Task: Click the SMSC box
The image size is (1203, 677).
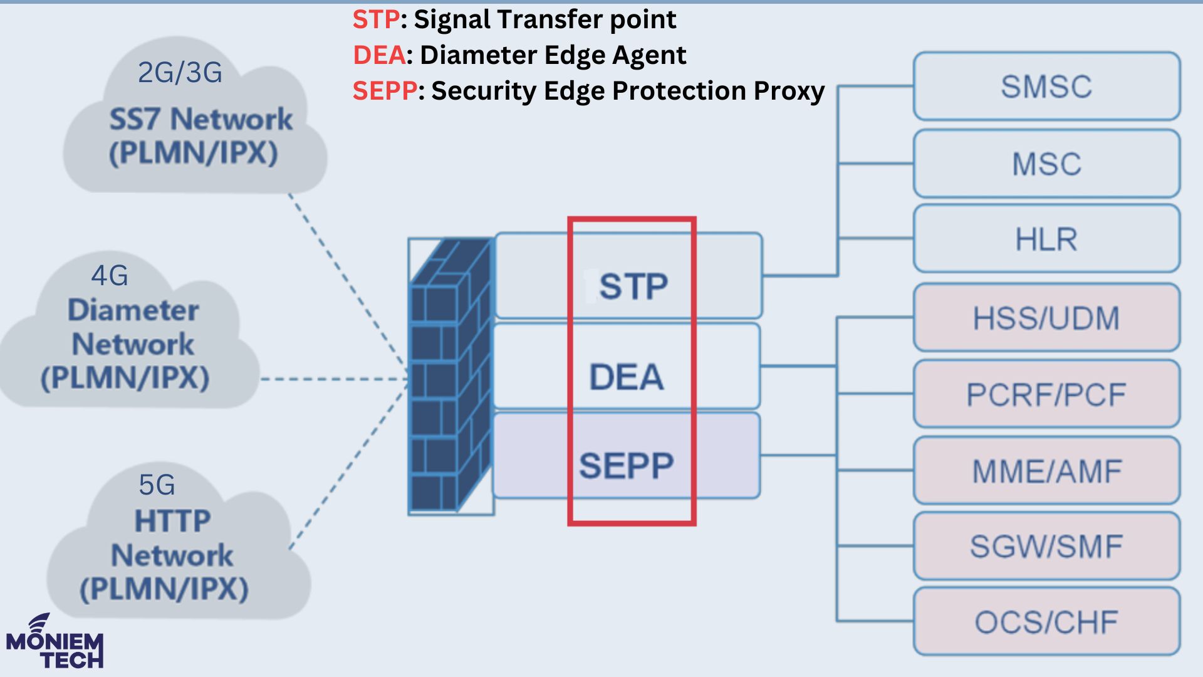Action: click(x=1046, y=87)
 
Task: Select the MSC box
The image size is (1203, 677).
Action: click(x=1046, y=164)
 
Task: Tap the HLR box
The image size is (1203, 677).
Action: click(x=1046, y=239)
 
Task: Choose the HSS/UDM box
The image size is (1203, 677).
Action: click(x=1046, y=318)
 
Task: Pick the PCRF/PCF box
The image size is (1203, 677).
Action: click(x=1046, y=394)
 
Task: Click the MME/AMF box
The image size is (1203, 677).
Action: click(x=1046, y=471)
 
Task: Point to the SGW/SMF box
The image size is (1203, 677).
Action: click(x=1046, y=546)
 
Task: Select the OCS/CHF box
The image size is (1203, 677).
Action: click(x=1046, y=622)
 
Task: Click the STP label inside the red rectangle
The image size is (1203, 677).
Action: click(x=633, y=286)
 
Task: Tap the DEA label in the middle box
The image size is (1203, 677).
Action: click(x=626, y=377)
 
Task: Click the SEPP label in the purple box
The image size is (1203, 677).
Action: click(x=626, y=465)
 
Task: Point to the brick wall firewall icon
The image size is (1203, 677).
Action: click(x=450, y=376)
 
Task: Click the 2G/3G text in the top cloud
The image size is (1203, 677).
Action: click(x=180, y=73)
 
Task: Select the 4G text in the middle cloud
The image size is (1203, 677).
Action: click(x=110, y=276)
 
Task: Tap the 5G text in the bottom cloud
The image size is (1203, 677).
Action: click(x=157, y=485)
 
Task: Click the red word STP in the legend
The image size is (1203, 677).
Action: click(x=376, y=20)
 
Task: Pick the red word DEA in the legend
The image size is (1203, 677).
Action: click(x=379, y=55)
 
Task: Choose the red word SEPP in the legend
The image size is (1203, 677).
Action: click(x=385, y=91)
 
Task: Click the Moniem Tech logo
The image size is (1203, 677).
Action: click(x=55, y=643)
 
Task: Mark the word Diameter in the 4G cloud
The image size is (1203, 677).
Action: click(x=133, y=310)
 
